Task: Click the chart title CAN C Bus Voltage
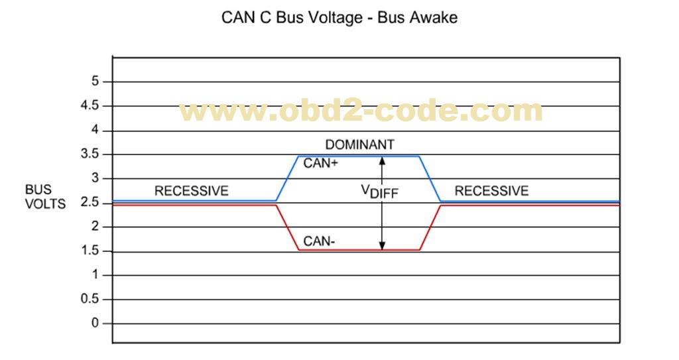(x=339, y=18)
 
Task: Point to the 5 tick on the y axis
(x=95, y=82)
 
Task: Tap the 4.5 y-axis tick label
(x=90, y=106)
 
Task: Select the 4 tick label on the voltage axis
(x=95, y=130)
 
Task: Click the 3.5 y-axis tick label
(x=90, y=154)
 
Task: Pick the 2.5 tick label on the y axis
(x=90, y=202)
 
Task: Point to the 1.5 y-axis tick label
(x=90, y=251)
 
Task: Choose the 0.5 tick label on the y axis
(x=90, y=299)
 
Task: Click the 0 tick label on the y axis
(x=95, y=324)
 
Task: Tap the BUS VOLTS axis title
(x=46, y=197)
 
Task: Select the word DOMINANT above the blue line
(x=359, y=145)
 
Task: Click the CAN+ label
(x=321, y=163)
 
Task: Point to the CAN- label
(x=319, y=241)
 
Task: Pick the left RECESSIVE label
(x=191, y=191)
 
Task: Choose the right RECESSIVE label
(x=491, y=191)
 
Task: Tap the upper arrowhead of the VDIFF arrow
(x=382, y=160)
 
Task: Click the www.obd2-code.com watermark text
(x=361, y=111)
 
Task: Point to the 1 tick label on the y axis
(x=95, y=275)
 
